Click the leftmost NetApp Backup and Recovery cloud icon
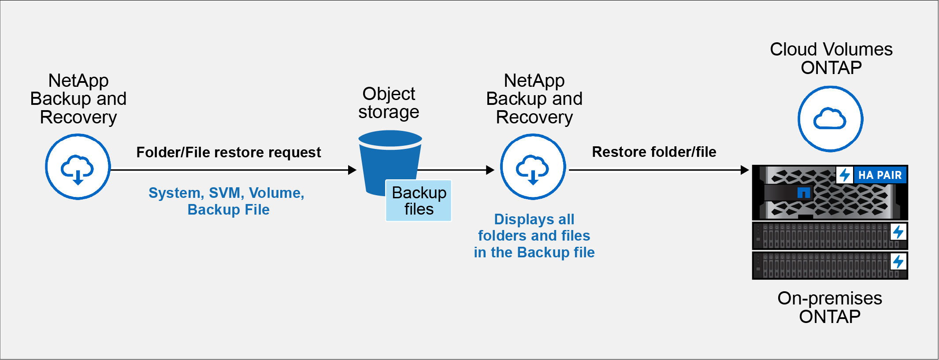[x=78, y=167]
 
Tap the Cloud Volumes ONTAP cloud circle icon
[x=830, y=119]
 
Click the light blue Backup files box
[x=419, y=200]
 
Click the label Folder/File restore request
[x=228, y=152]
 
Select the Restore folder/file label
[x=654, y=152]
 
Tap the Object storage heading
[x=389, y=103]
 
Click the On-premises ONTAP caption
[x=830, y=307]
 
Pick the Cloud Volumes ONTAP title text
[x=831, y=58]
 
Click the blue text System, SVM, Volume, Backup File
[x=226, y=201]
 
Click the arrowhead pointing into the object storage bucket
[x=352, y=170]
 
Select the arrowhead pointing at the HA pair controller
[x=745, y=170]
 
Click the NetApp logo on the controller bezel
[x=804, y=193]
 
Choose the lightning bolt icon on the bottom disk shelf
[x=898, y=262]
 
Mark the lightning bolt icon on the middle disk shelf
[x=898, y=232]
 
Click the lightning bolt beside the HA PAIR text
[x=845, y=175]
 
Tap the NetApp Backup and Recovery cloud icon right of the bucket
[x=533, y=167]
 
